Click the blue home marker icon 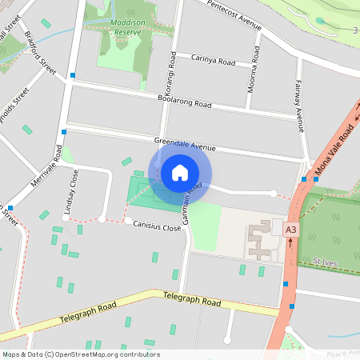[179, 173]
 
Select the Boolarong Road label [184, 102]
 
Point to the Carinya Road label [214, 60]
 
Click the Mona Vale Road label [335, 143]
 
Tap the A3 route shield [290, 230]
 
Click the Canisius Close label [158, 226]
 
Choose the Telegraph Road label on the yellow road [192, 301]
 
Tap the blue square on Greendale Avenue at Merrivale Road [63, 130]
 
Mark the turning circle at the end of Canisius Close [128, 220]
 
